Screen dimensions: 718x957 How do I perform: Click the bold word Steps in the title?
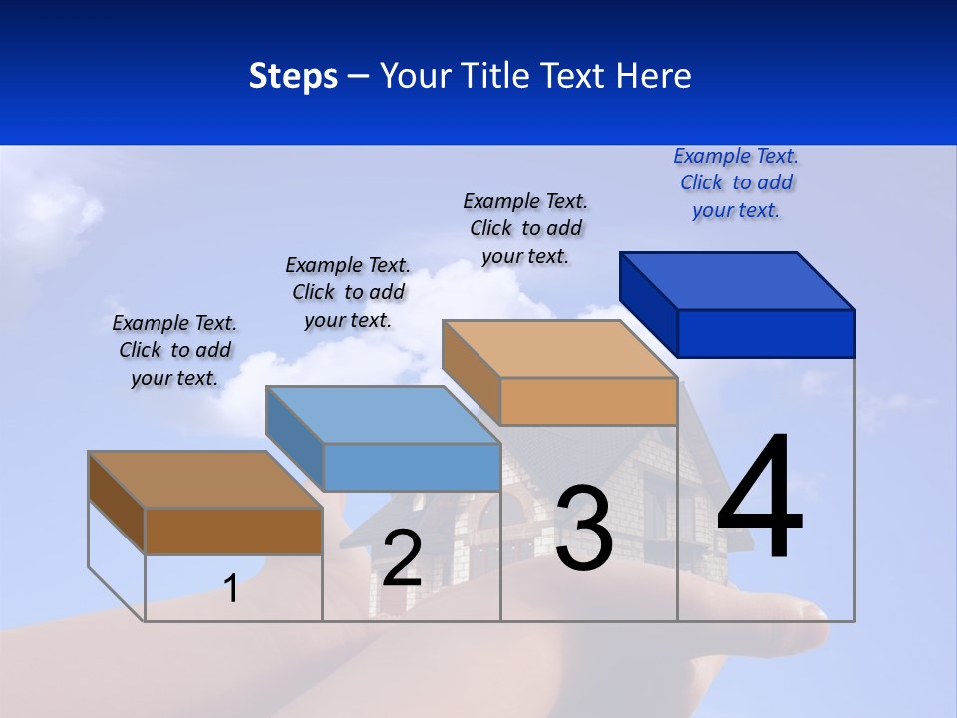[293, 76]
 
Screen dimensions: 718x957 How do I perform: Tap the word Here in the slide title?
[651, 76]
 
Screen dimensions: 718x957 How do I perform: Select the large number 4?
[760, 499]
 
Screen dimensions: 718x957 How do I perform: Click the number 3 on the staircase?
[584, 529]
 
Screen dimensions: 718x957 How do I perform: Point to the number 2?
[402, 558]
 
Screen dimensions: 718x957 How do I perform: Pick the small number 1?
[231, 588]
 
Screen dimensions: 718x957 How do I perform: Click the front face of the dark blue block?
[766, 333]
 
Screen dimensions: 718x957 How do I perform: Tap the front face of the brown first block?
[233, 532]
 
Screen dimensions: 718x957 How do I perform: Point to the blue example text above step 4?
[736, 182]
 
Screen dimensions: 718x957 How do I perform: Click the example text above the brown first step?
[174, 350]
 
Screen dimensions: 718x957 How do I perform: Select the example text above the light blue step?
[348, 292]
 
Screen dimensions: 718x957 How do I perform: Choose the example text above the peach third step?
[525, 228]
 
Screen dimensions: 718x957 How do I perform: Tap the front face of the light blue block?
[411, 467]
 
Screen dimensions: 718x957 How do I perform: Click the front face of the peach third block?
[588, 401]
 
